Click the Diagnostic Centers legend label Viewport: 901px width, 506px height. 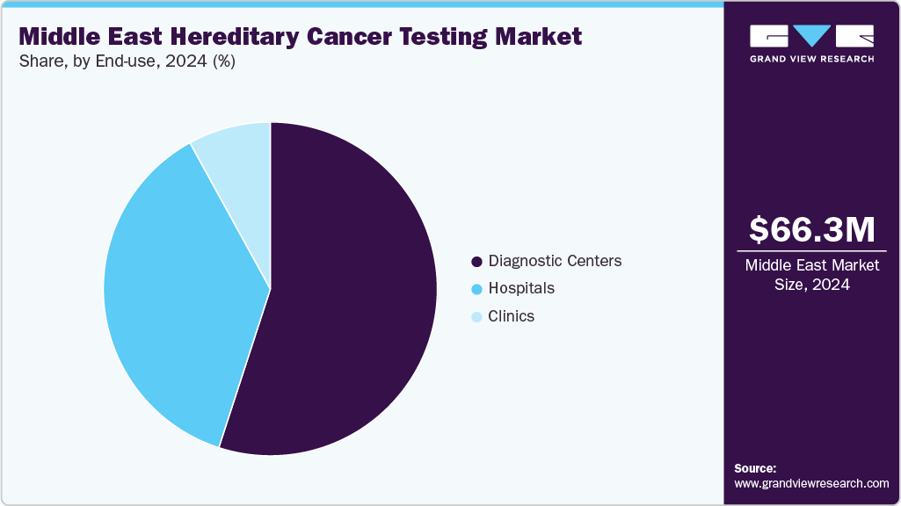tap(555, 261)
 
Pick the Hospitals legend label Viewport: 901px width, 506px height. tap(521, 288)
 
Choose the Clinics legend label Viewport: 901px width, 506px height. tap(511, 316)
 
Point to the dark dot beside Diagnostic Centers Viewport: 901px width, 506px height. tap(477, 262)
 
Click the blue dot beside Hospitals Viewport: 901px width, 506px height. tap(477, 289)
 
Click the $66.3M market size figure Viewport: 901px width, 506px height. tap(811, 230)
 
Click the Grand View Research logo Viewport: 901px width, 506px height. tap(811, 43)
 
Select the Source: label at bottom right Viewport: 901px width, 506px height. tap(755, 468)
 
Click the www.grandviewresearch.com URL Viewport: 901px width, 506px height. tap(811, 483)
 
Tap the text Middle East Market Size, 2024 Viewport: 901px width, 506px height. tap(811, 274)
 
